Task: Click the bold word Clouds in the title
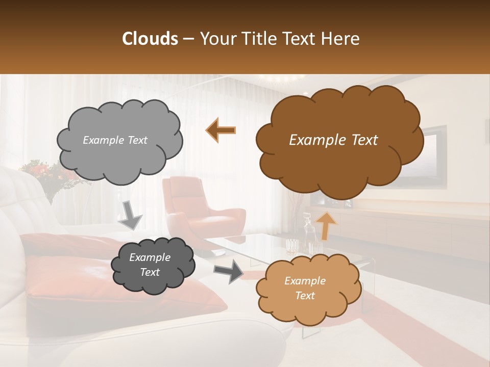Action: (150, 39)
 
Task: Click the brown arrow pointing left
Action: (220, 130)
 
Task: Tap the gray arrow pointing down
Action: (130, 215)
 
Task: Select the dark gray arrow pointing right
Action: (229, 271)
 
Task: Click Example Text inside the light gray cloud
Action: (115, 140)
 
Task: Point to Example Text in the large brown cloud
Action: (333, 140)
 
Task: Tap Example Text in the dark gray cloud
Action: (150, 265)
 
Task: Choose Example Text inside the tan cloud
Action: (305, 288)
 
